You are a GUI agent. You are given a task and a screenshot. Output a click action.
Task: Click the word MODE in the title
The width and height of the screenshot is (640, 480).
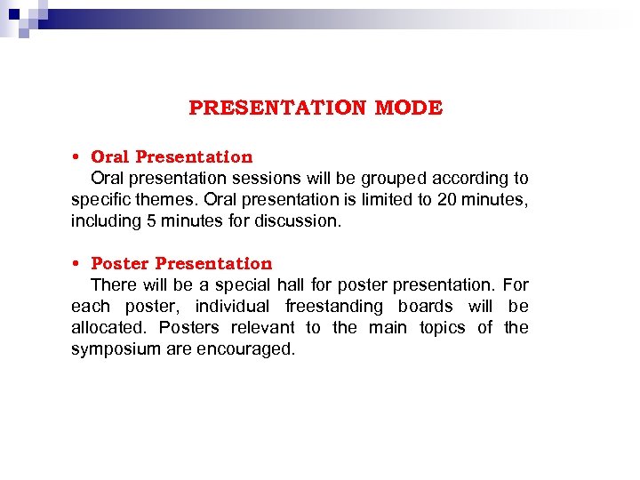click(408, 108)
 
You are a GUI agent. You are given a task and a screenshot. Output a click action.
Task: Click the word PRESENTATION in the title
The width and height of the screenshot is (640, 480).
click(277, 108)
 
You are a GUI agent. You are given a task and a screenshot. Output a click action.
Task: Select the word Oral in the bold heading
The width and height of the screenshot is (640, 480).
click(109, 157)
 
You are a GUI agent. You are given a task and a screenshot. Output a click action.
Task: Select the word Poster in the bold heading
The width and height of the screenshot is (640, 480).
click(120, 264)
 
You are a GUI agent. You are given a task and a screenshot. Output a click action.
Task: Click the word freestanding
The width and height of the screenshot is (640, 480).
click(334, 307)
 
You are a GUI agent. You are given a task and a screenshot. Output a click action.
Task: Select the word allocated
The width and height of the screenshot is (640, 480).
click(110, 328)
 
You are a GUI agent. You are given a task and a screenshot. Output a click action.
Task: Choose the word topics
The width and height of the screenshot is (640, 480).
click(443, 328)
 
